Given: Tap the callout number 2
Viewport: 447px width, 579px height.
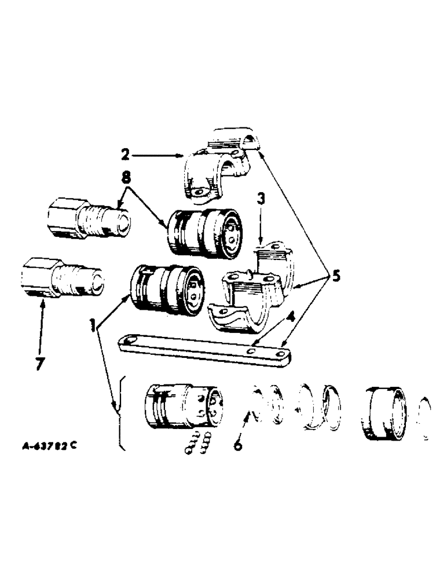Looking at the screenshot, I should click(125, 155).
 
